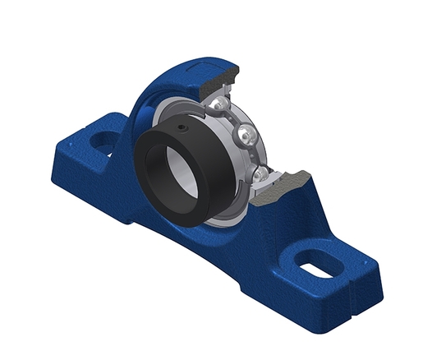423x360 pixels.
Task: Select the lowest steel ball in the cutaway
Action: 259,173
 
